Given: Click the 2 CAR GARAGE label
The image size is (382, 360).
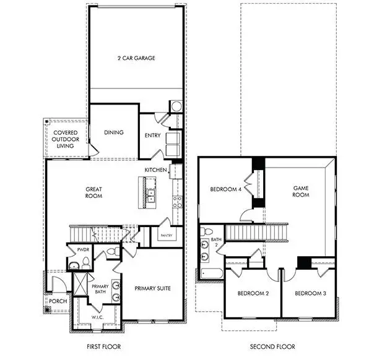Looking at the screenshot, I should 136,58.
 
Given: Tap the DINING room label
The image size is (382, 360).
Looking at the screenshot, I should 114,132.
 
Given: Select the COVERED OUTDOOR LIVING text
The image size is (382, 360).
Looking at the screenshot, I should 64,139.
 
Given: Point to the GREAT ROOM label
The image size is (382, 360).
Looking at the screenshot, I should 93,192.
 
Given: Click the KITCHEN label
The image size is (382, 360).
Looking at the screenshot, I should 155,170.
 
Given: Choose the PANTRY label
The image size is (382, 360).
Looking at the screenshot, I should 166,235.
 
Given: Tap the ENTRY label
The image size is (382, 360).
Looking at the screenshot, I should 152,135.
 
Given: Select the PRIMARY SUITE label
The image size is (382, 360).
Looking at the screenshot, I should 152,288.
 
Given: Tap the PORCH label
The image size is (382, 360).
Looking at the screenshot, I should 58,301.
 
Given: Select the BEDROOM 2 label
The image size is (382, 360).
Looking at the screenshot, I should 251,293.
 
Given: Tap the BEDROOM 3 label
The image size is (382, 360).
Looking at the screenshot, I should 310,293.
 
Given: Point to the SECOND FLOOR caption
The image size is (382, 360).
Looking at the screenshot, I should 272,347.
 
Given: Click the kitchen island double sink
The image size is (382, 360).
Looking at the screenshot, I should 150,197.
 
